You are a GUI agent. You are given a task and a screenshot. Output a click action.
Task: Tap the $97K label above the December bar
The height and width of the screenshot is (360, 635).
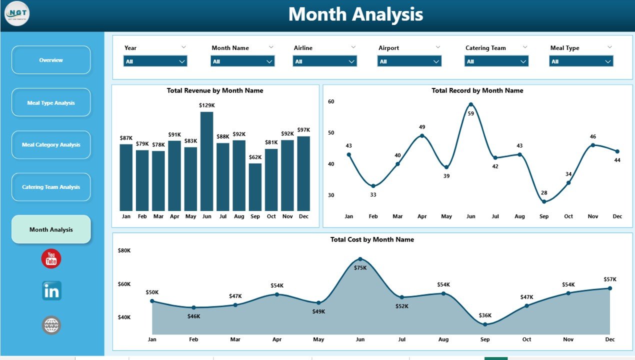point(303,130)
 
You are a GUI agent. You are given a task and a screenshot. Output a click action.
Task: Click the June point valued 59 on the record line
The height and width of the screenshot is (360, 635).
point(470,104)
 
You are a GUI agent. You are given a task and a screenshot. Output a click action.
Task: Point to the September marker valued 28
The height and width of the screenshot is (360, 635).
point(544,202)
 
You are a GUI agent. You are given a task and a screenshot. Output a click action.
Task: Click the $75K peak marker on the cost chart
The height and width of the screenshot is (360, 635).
point(360,259)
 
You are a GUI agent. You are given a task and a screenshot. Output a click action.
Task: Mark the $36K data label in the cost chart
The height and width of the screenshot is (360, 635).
point(485,315)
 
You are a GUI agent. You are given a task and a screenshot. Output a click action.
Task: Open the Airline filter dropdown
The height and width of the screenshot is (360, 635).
point(324,61)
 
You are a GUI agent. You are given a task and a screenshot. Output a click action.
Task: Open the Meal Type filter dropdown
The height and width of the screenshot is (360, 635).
point(581,61)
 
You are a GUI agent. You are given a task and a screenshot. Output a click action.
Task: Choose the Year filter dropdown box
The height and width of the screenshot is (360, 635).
point(155,61)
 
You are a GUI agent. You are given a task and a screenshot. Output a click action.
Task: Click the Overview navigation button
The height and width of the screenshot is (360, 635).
point(51,60)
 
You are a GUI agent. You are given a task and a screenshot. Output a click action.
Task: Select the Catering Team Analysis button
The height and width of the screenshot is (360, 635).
point(51,187)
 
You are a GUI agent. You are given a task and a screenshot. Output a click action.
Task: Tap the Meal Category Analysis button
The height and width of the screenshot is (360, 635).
point(51,145)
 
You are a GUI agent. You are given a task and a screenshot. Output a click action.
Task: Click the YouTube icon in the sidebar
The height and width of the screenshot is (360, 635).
point(51,258)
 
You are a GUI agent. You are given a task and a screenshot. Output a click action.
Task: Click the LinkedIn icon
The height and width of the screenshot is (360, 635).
point(51,291)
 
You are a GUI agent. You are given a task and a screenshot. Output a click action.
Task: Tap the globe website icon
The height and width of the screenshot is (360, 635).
point(51,325)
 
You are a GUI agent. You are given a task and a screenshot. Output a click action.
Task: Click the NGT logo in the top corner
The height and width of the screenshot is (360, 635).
point(17,13)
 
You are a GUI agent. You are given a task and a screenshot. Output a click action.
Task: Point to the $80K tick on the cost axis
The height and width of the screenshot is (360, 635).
point(124,250)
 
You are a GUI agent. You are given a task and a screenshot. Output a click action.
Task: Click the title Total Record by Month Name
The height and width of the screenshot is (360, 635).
point(477,90)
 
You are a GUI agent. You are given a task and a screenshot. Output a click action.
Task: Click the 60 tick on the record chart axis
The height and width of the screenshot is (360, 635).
point(331,101)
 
